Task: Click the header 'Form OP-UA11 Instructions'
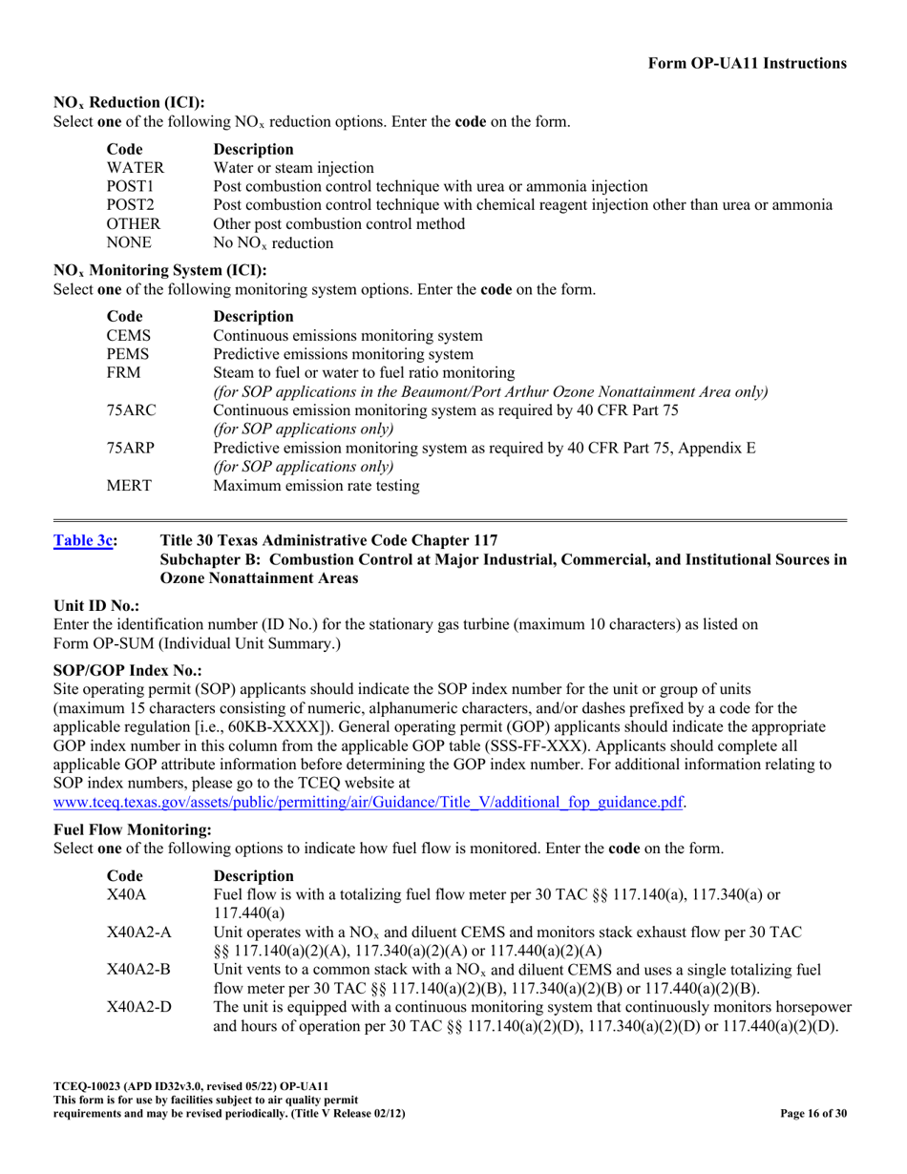747,63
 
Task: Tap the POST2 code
131,205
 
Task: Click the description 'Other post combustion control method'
339,224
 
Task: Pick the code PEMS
128,354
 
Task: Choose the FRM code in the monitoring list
124,372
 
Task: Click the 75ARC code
132,410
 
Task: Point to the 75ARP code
131,448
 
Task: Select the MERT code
129,486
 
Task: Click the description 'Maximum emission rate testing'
316,486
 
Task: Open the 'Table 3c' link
85,541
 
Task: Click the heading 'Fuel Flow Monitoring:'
132,830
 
